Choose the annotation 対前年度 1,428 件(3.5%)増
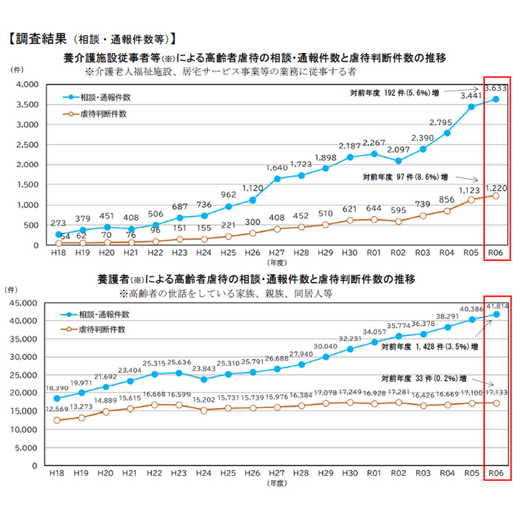tap(429, 346)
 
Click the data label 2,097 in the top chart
tap(398, 153)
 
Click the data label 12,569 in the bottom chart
tap(58, 409)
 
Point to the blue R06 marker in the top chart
tap(496, 99)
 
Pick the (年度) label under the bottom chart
tap(277, 482)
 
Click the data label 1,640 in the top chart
tap(277, 169)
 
